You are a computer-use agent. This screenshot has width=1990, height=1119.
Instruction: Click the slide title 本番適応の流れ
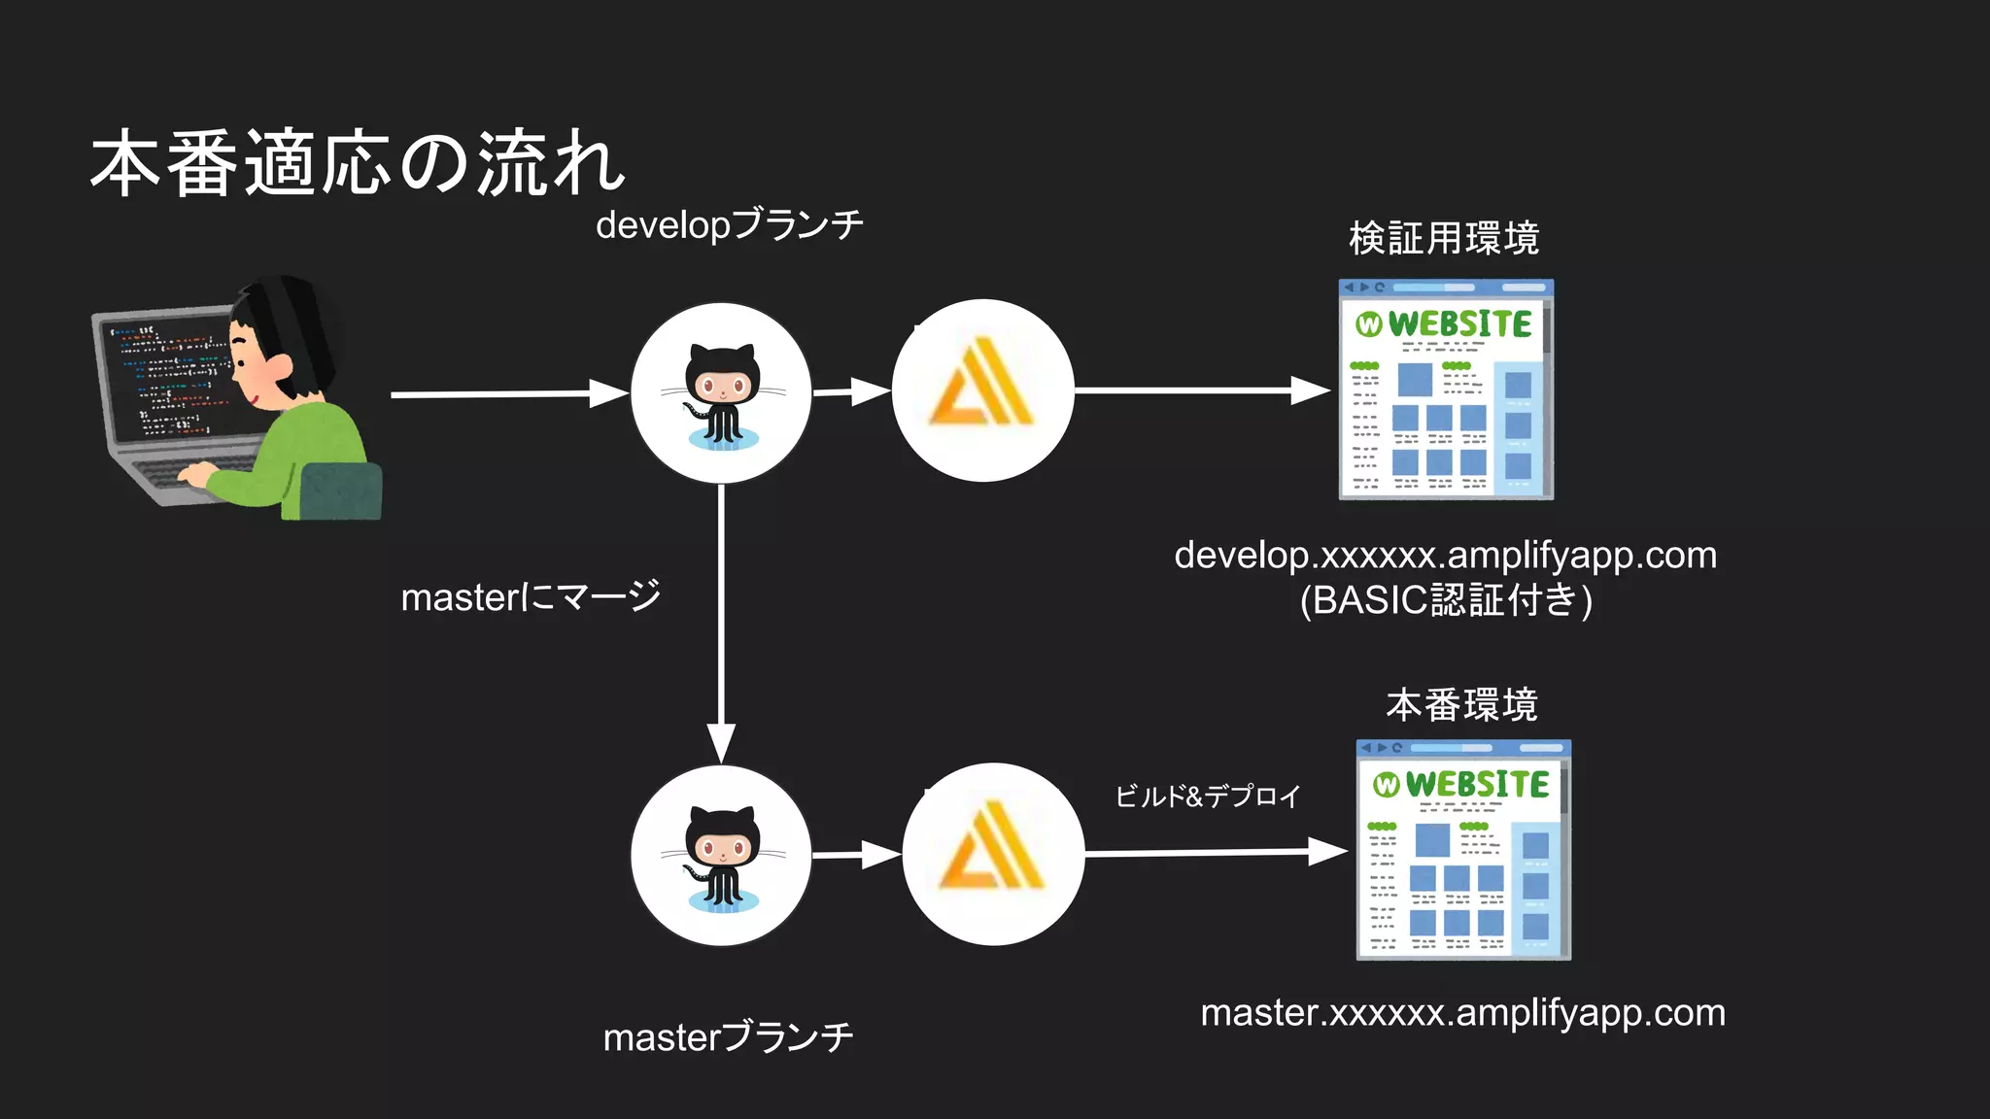(x=358, y=163)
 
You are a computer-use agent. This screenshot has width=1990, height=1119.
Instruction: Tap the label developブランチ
(x=729, y=225)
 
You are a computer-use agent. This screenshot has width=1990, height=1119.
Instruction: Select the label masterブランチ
(x=728, y=1037)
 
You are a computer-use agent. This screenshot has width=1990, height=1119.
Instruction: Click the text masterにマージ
(x=531, y=596)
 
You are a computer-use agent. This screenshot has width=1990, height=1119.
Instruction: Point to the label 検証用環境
(x=1444, y=238)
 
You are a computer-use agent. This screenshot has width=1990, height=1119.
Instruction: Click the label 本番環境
(x=1461, y=704)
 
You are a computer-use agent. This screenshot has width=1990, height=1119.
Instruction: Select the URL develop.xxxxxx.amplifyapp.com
(x=1445, y=555)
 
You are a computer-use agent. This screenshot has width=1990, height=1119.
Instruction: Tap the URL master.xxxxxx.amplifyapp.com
(x=1462, y=1012)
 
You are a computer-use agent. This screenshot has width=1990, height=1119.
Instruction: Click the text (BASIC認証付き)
(x=1446, y=600)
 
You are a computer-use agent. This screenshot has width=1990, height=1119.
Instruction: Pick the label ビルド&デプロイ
(x=1207, y=797)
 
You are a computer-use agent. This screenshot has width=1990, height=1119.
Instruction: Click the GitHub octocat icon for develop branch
(x=721, y=393)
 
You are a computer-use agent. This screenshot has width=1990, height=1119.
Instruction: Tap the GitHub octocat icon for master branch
(x=721, y=856)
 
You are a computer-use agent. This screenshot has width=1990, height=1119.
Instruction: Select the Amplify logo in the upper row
(x=982, y=390)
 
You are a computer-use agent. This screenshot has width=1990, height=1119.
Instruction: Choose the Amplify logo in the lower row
(x=992, y=853)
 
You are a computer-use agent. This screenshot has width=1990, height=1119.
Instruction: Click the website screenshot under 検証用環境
(x=1446, y=390)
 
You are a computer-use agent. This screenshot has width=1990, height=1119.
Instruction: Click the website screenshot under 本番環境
(x=1463, y=850)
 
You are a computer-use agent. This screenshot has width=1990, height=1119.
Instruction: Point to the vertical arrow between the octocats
(x=721, y=622)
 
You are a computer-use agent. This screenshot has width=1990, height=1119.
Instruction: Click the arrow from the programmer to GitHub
(x=505, y=394)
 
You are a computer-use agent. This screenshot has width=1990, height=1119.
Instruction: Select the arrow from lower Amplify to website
(x=1215, y=852)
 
